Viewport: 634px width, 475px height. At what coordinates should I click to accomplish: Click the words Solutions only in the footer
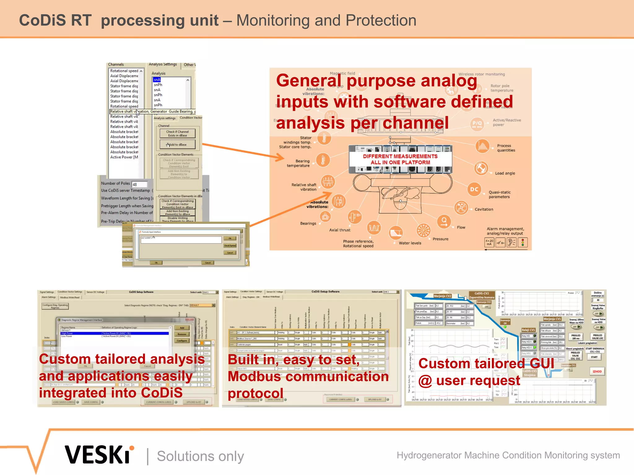point(200,456)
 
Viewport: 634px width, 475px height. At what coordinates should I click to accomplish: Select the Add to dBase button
point(177,144)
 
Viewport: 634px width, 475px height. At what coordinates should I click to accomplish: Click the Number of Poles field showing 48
point(139,184)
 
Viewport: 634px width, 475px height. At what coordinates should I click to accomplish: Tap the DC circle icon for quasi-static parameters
point(474,189)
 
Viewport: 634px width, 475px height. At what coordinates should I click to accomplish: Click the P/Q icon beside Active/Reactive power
point(477,123)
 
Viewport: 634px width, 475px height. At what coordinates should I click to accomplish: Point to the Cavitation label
point(484,209)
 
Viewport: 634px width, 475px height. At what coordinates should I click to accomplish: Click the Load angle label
point(505,173)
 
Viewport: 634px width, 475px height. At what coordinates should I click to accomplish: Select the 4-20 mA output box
point(489,242)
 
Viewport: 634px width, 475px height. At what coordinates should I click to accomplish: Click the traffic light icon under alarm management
point(523,242)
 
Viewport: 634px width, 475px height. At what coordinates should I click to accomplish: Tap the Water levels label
point(410,243)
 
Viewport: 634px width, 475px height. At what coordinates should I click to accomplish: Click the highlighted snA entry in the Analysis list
point(157,80)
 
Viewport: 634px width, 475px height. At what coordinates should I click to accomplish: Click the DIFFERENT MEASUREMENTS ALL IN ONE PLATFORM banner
point(400,159)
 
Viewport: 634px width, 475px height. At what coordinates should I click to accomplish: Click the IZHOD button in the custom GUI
point(597,371)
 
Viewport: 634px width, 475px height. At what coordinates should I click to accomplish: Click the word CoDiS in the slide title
point(42,20)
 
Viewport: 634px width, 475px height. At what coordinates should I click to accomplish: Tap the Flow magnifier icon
point(444,221)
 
